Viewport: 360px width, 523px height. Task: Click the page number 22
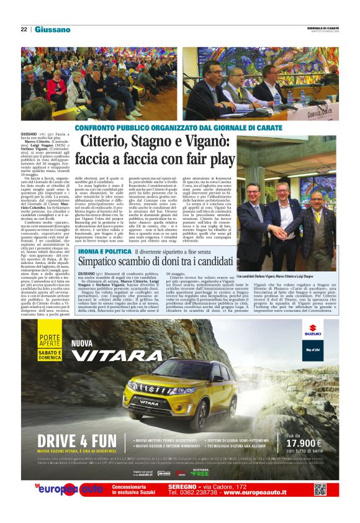point(24,29)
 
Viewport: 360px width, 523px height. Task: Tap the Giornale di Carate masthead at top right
point(323,28)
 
